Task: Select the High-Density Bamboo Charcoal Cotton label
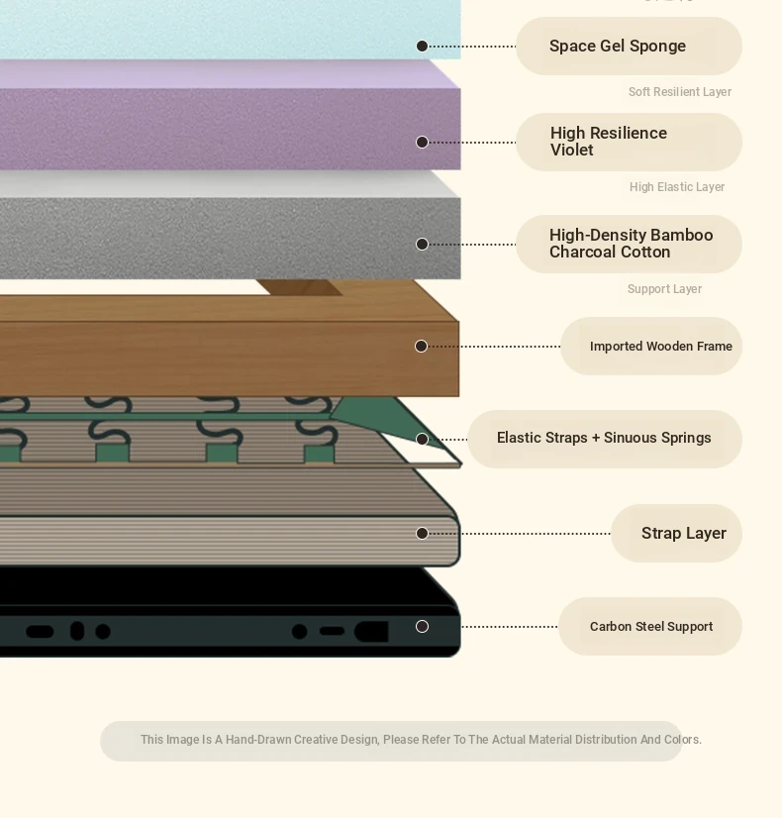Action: (630, 244)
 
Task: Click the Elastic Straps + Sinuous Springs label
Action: (604, 439)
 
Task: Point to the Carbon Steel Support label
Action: (650, 627)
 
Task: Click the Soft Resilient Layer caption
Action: (680, 92)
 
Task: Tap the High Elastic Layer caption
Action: (677, 187)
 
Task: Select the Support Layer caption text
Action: (664, 289)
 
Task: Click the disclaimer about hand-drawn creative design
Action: (421, 740)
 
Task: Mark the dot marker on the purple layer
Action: (422, 143)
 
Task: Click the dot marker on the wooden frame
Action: (422, 347)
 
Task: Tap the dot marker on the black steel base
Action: (422, 627)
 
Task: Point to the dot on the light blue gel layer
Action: (422, 47)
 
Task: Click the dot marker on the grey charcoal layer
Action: (422, 245)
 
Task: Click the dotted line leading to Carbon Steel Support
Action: (510, 627)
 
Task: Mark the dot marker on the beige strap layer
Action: (422, 534)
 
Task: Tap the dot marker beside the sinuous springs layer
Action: (422, 440)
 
